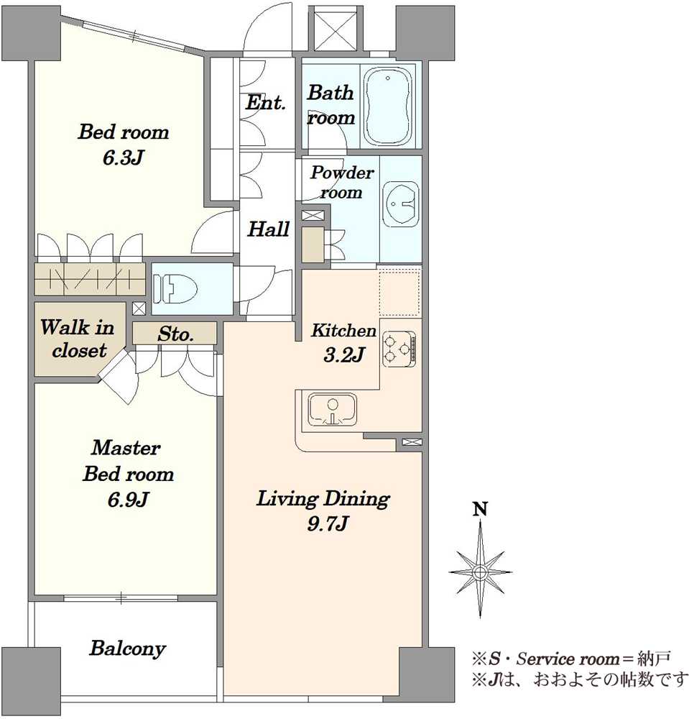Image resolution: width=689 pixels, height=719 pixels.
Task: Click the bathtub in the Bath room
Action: [x=387, y=106]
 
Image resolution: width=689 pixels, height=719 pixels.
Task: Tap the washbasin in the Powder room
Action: [x=400, y=203]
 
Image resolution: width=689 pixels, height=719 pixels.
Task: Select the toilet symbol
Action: [x=175, y=288]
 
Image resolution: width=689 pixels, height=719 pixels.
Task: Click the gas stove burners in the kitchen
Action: [x=399, y=349]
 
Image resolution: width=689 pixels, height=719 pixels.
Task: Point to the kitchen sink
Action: [x=333, y=409]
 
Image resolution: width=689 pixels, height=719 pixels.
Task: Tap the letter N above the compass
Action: [x=480, y=509]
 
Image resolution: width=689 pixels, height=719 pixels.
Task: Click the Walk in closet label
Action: [x=78, y=339]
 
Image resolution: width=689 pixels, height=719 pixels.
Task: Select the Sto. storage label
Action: [x=175, y=334]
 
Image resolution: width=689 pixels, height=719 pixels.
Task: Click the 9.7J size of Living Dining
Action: [x=327, y=523]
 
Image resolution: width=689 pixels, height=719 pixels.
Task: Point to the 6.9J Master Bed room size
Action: [x=128, y=499]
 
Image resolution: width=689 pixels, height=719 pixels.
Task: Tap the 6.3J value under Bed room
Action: [x=123, y=157]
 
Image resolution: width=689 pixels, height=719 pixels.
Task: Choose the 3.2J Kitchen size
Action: [x=343, y=354]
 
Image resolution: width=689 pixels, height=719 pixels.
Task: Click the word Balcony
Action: [x=127, y=649]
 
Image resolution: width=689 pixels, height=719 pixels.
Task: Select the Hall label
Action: [x=269, y=229]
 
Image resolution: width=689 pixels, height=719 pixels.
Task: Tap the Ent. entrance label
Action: [x=265, y=102]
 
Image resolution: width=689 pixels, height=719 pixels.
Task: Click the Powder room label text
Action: [x=342, y=182]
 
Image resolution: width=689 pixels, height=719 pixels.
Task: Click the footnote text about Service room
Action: [x=570, y=659]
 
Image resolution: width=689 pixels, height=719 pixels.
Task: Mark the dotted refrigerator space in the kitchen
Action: [x=399, y=293]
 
